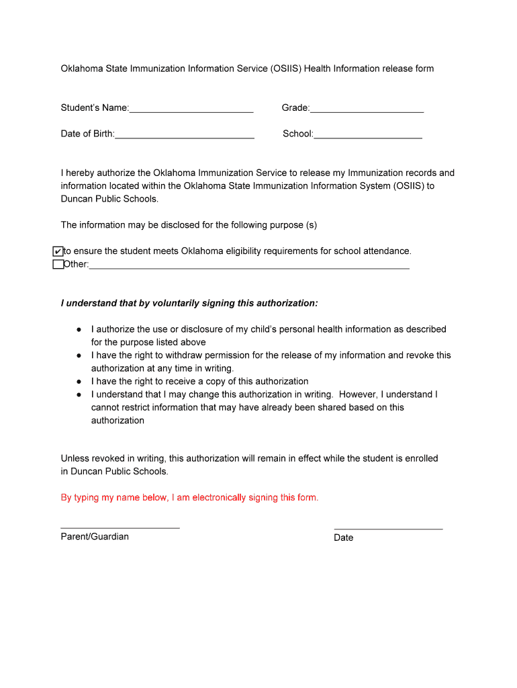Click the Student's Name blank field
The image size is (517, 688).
click(191, 108)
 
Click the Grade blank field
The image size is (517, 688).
click(367, 108)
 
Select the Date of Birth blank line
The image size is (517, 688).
click(185, 134)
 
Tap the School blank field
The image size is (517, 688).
click(368, 134)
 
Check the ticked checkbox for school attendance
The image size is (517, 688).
click(58, 251)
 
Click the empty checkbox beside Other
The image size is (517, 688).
click(58, 264)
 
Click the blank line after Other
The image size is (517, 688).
click(248, 265)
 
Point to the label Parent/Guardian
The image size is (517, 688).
click(95, 537)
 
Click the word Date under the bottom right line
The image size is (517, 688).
click(343, 537)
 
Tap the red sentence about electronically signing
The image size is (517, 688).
click(189, 498)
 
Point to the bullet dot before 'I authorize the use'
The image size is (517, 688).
click(79, 330)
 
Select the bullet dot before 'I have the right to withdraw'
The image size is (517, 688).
click(79, 355)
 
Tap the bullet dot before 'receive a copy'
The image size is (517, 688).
click(79, 382)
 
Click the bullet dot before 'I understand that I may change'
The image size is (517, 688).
click(79, 394)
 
